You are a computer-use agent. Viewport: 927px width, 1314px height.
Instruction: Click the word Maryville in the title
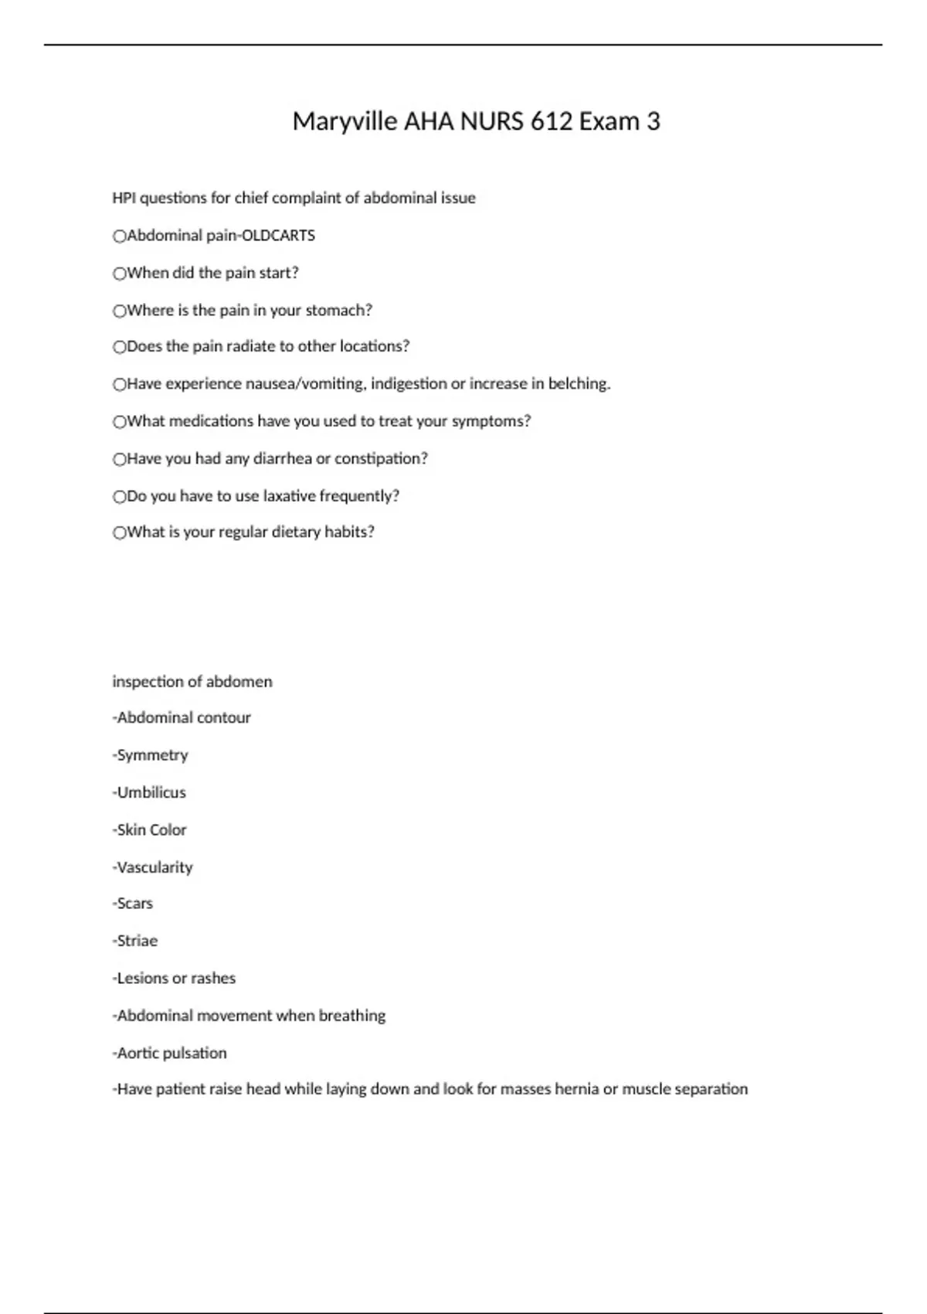tap(345, 122)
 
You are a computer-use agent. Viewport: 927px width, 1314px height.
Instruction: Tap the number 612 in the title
tap(551, 122)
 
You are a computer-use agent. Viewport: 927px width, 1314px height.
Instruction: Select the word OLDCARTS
tap(278, 236)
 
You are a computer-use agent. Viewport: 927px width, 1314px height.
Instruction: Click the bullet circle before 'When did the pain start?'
tap(119, 274)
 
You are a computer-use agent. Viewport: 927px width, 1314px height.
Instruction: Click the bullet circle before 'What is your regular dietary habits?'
tap(119, 533)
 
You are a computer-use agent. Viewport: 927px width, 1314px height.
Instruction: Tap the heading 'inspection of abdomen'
tap(192, 682)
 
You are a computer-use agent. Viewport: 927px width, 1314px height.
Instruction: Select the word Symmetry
tap(152, 755)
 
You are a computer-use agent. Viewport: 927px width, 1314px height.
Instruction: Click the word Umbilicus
tap(151, 793)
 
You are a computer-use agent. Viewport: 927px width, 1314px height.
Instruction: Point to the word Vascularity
tap(154, 868)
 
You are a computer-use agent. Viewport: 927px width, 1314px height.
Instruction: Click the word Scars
tap(135, 904)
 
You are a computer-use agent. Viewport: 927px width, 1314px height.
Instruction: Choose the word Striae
tap(138, 941)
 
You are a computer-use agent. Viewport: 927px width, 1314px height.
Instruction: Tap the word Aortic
tap(137, 1054)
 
